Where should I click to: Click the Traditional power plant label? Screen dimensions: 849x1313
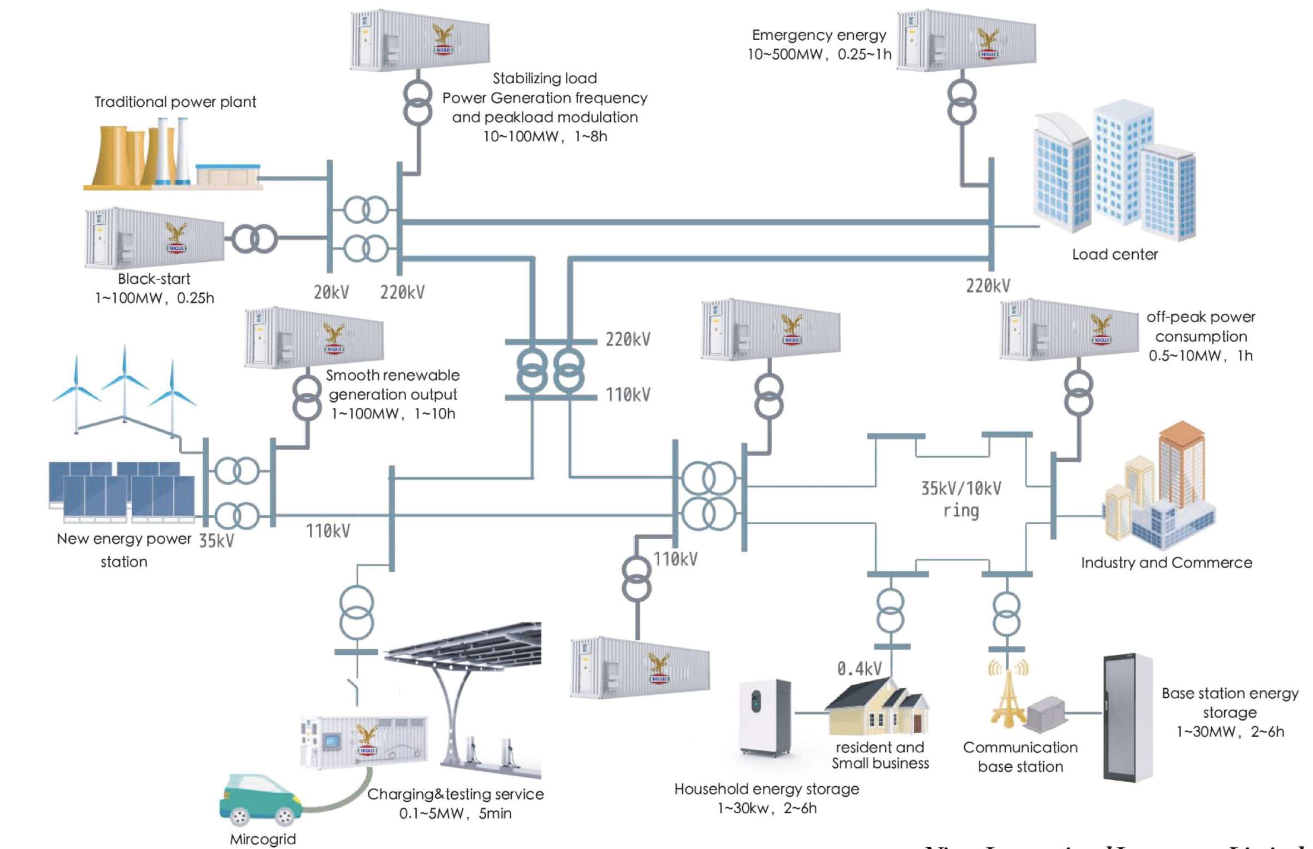tap(175, 102)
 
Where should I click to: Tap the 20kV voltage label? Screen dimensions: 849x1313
tap(331, 292)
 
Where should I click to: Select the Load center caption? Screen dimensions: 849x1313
tap(1114, 254)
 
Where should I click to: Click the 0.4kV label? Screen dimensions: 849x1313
tap(859, 669)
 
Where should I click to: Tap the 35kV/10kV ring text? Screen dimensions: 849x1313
tap(961, 499)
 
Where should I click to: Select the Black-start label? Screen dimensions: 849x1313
tap(154, 279)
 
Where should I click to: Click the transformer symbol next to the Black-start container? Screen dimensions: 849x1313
tap(254, 239)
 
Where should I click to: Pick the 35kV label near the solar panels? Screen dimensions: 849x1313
tap(216, 541)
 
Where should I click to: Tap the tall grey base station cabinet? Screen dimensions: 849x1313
tap(1127, 718)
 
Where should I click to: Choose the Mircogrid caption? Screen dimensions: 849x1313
tap(263, 839)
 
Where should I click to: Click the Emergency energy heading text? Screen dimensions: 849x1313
tap(819, 35)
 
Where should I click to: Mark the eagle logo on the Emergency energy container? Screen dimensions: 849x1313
tap(988, 42)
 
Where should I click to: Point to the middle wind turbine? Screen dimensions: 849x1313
tap(125, 384)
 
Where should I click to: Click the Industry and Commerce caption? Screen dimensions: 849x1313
tap(1166, 562)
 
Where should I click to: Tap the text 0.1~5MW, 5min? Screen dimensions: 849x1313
tap(455, 813)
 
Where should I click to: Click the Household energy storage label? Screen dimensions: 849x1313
tap(766, 789)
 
